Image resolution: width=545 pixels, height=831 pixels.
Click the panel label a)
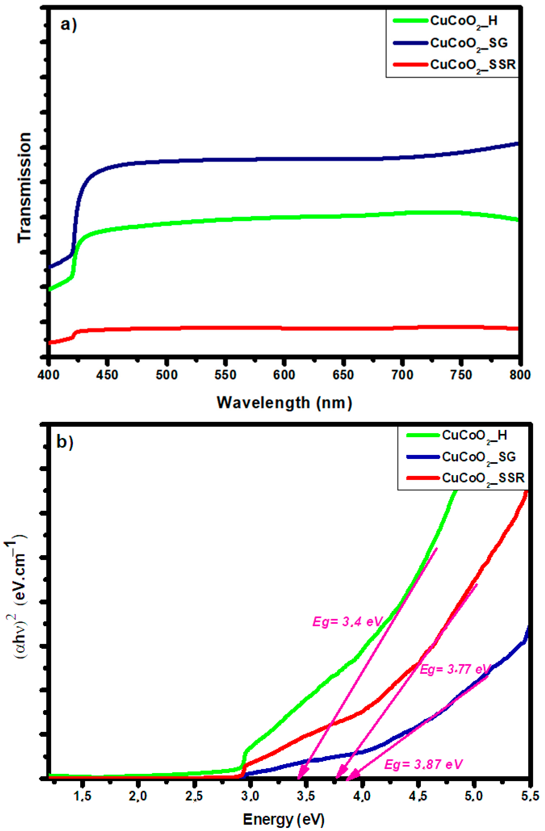pos(68,25)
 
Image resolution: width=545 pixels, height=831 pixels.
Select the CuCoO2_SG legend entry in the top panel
pos(468,43)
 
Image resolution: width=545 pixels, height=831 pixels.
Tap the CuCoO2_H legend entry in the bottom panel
pos(474,435)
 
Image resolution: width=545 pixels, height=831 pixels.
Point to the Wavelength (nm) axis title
pos(284,403)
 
